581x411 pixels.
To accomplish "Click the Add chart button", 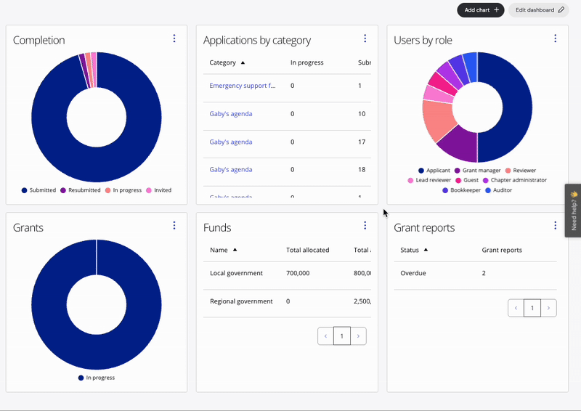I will pos(480,10).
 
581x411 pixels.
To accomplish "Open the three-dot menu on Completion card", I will pos(174,38).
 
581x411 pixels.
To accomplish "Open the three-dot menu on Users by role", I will pos(555,38).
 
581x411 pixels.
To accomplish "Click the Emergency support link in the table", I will pos(243,86).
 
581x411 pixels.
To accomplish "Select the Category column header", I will pos(223,63).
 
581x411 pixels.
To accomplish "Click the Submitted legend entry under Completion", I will pos(39,190).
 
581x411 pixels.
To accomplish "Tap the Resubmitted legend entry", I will pos(81,190).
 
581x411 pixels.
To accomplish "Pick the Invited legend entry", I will pos(159,190).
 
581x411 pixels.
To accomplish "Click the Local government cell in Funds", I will pos(236,273).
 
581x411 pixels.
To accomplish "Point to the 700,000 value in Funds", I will pos(301,273).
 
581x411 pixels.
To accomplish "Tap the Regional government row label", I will pos(241,301).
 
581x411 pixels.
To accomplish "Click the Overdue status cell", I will pos(413,273).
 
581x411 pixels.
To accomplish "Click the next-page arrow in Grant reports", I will pos(549,308).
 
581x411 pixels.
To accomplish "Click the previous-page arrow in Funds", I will pos(325,335).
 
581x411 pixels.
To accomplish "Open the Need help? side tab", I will pos(573,211).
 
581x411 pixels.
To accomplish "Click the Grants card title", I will pos(28,227).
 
